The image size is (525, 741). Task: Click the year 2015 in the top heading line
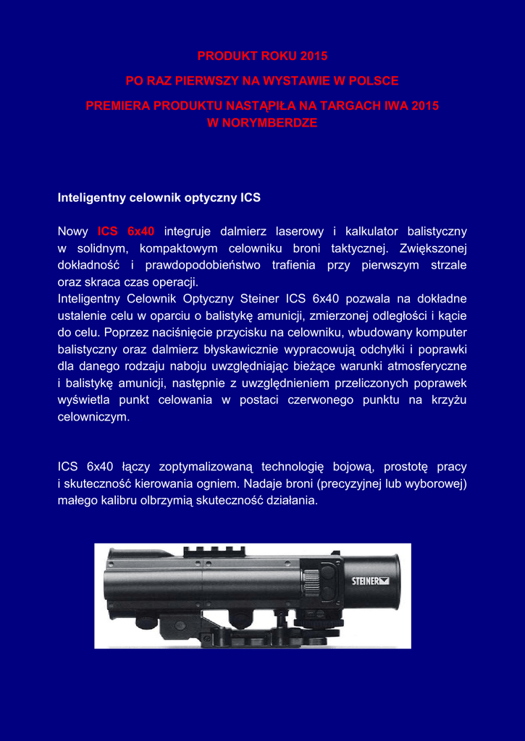coord(313,56)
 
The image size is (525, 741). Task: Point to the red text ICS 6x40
coord(126,232)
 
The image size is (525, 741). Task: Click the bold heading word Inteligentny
coord(91,198)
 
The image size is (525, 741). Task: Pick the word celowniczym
coord(93,417)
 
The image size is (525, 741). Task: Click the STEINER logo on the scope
coord(370,580)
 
